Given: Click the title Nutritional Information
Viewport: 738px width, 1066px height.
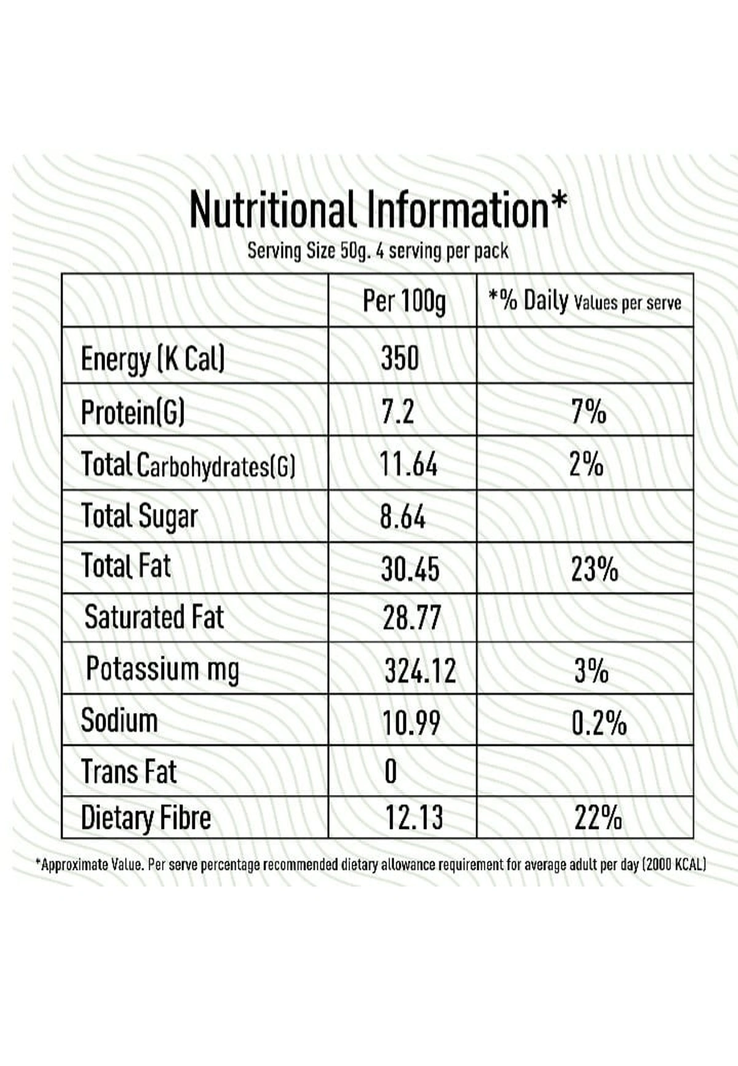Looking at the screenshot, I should (x=377, y=210).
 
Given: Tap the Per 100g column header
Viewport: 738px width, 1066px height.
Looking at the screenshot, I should (x=404, y=302).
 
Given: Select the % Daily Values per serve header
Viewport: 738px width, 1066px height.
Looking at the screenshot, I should (x=585, y=302).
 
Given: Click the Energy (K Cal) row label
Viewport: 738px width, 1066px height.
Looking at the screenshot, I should (x=153, y=359).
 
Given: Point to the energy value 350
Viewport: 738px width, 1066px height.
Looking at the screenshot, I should (x=400, y=358).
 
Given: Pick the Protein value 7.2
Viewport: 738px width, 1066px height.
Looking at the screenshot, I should (x=397, y=411).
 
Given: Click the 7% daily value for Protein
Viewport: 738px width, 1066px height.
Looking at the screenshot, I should (x=589, y=411).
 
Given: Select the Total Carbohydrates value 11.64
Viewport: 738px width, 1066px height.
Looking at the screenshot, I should (x=408, y=464).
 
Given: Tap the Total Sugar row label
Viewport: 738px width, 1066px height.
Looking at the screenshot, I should (x=140, y=516).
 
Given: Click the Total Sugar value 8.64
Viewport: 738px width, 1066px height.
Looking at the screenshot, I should (x=403, y=516).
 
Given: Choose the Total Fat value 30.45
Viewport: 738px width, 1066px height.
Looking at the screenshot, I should (x=410, y=569).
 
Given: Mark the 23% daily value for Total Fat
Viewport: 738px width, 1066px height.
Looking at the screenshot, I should (x=594, y=569).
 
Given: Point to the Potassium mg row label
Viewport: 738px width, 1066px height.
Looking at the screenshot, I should (x=162, y=670).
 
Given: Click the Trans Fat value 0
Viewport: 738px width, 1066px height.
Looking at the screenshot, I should (x=391, y=771).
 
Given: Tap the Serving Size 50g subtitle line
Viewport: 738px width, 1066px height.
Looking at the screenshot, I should (x=378, y=251).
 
